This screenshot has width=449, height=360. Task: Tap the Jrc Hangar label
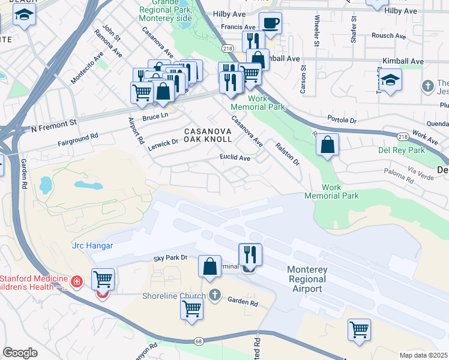[x=92, y=245]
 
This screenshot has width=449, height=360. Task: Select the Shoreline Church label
[x=173, y=295]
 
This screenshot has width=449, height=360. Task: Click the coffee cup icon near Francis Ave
[x=270, y=23]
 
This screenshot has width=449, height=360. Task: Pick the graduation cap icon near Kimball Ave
[x=390, y=80]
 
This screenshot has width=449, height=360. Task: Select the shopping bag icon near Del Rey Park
[x=327, y=145]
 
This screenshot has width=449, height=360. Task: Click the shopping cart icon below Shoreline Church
[x=191, y=308]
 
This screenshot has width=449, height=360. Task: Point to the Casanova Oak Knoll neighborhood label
[x=208, y=134]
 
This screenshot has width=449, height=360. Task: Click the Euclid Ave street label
[x=234, y=158]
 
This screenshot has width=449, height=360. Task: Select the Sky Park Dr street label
[x=170, y=257]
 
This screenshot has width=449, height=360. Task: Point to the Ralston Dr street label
[x=287, y=154]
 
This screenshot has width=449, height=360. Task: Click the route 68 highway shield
[x=199, y=341]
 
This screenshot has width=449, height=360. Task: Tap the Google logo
[x=20, y=353]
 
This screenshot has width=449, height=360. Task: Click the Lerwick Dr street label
[x=164, y=143]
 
